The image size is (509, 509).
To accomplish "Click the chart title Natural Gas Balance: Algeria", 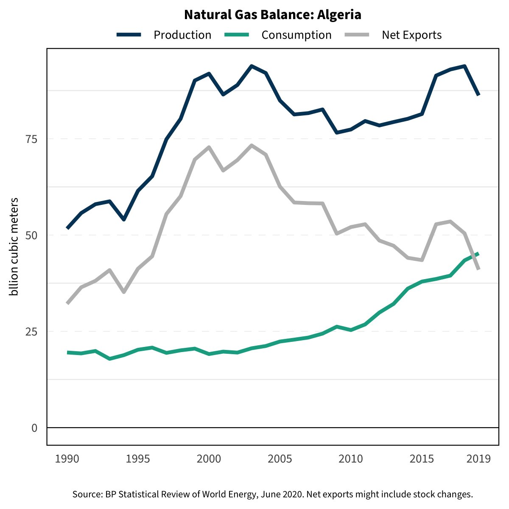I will [272, 15].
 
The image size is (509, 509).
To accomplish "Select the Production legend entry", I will [182, 35].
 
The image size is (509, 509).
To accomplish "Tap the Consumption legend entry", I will [296, 35].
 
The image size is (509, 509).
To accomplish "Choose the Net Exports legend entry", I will [411, 35].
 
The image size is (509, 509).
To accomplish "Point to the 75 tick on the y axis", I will [32, 139].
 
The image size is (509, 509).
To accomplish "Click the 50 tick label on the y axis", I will [32, 235].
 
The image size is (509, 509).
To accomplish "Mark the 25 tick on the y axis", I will [32, 332].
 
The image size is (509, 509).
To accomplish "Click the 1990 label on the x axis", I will [67, 459].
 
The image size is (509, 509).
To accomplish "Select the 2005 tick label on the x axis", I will [280, 459].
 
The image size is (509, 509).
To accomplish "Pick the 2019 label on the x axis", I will [478, 459].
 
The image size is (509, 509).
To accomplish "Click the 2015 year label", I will [422, 459].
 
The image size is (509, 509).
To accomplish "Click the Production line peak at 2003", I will [252, 66].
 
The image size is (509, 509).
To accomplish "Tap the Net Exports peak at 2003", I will [252, 145].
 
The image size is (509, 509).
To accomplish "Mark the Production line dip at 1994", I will [124, 219].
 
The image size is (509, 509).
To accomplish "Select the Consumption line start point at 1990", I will [67, 352].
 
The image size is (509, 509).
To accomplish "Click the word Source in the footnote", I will [87, 494].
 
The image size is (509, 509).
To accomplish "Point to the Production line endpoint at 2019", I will [478, 95].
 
